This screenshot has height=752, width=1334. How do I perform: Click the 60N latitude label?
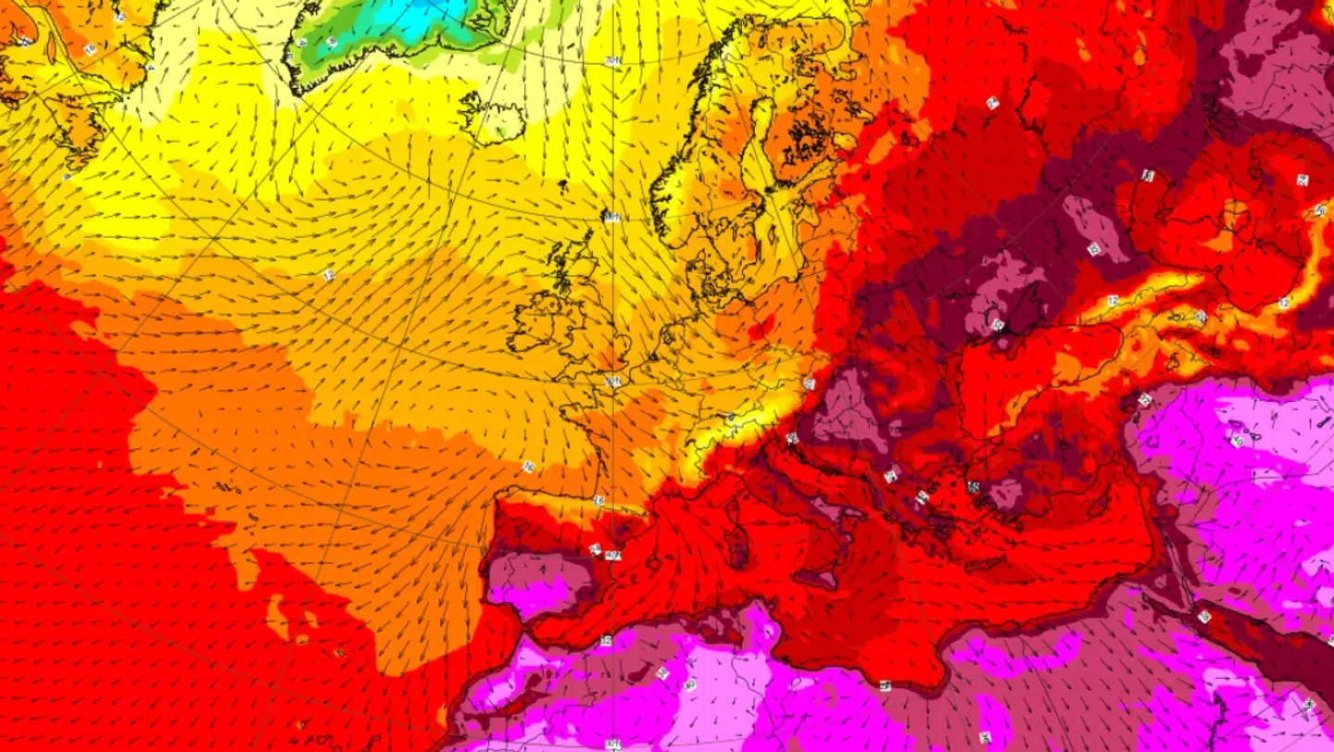[x=611, y=217]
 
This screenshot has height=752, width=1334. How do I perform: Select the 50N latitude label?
[x=612, y=381]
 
